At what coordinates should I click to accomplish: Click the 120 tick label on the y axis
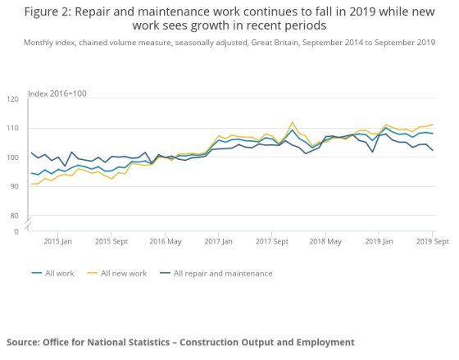click(x=12, y=99)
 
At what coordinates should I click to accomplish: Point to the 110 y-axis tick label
click(x=12, y=128)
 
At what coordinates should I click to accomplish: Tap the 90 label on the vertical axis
click(x=14, y=186)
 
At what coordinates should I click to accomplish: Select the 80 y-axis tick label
click(x=14, y=216)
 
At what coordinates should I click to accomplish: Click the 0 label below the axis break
click(x=16, y=231)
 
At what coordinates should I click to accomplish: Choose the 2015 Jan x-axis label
click(x=57, y=242)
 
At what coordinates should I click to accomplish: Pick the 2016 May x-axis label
click(x=166, y=242)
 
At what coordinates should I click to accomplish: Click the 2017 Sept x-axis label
click(x=272, y=242)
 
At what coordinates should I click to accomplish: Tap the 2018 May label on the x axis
click(x=325, y=242)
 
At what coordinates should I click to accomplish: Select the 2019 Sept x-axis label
click(x=433, y=242)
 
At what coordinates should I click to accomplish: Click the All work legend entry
click(x=53, y=273)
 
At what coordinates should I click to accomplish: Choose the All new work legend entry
click(x=117, y=273)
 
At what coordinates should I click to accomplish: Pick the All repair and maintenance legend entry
click(x=216, y=273)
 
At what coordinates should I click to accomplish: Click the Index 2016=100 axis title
click(x=57, y=93)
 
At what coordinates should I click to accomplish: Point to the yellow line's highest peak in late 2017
click(x=292, y=122)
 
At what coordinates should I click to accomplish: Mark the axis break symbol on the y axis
click(x=28, y=223)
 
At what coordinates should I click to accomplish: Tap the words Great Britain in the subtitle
click(x=275, y=43)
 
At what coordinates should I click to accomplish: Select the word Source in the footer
click(x=23, y=342)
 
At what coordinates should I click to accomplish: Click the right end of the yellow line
click(x=433, y=124)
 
